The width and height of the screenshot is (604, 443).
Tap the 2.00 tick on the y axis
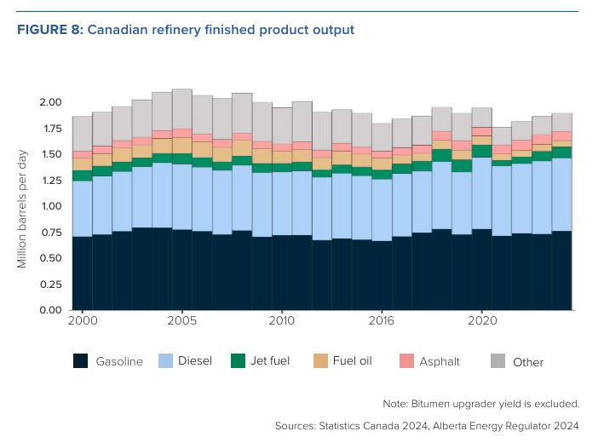(50, 102)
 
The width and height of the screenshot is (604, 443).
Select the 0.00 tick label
(50, 310)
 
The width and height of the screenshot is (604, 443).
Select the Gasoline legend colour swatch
(81, 361)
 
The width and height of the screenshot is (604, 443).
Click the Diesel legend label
(195, 361)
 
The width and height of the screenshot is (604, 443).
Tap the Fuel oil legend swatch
(322, 361)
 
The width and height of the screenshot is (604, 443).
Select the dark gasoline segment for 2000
(82, 273)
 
